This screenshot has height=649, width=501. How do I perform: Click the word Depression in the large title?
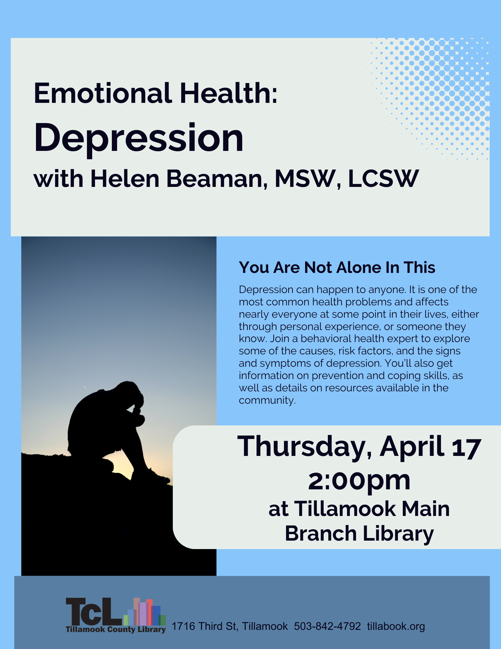pos(139,139)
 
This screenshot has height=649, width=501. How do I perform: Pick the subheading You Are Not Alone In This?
pos(337,268)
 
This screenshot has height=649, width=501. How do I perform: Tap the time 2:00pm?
pos(359,481)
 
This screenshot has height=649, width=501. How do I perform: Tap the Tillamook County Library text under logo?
pos(116,630)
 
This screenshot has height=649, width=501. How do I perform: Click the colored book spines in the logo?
pos(145,612)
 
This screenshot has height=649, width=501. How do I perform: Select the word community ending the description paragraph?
pos(267,400)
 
